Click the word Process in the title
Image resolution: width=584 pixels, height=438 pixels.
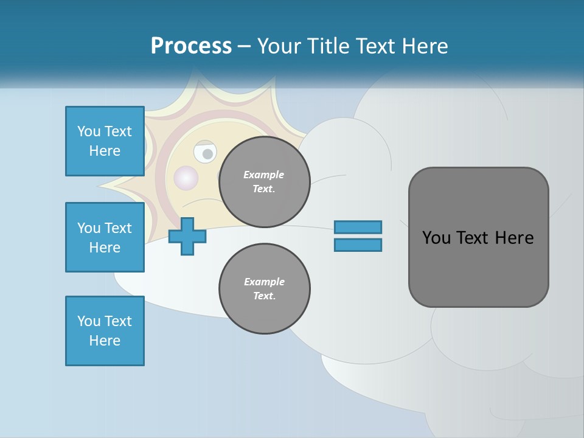point(191,46)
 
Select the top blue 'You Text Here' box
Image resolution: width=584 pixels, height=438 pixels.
point(105,141)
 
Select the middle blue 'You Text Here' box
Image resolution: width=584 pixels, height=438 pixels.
point(105,237)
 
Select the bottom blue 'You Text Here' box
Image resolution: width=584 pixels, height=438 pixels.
point(105,331)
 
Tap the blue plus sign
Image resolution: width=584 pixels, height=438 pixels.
point(187,237)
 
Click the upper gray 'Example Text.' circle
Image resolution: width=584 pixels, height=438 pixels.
point(264,182)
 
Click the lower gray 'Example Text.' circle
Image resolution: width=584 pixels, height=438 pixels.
point(264,289)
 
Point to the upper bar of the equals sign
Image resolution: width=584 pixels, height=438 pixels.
point(358,227)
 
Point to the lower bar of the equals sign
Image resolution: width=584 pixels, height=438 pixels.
point(358,245)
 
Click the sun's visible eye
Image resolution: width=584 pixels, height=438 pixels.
point(206,153)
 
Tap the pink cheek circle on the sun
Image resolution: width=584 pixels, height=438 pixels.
point(186,178)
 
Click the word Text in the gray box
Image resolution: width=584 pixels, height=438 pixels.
point(473,238)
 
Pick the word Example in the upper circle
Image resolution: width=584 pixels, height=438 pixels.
point(263,175)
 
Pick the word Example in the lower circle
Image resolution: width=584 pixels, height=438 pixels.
point(264,282)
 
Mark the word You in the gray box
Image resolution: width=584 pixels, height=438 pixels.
point(436,238)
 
